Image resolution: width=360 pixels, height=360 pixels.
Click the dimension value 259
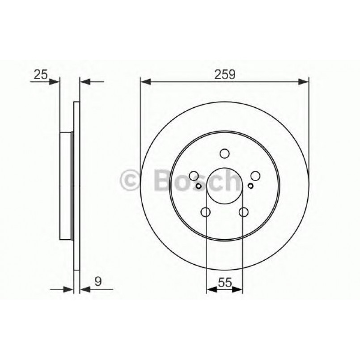tap(224, 75)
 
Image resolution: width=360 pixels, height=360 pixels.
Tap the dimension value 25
tap(40, 75)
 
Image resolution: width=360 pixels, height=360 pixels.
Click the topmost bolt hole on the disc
tap(224, 153)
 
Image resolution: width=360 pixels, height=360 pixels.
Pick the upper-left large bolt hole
tap(194, 176)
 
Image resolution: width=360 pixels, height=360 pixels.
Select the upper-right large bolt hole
tap(255, 176)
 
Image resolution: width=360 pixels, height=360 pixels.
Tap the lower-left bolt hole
tap(206, 212)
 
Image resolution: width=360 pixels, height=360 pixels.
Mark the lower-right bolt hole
tap(243, 212)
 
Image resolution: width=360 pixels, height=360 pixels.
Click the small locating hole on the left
tap(199, 186)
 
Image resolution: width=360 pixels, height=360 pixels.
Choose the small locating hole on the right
tap(250, 186)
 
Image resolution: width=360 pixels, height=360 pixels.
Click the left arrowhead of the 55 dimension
tap(210, 290)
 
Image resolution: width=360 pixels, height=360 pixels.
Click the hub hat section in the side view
tap(66, 186)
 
